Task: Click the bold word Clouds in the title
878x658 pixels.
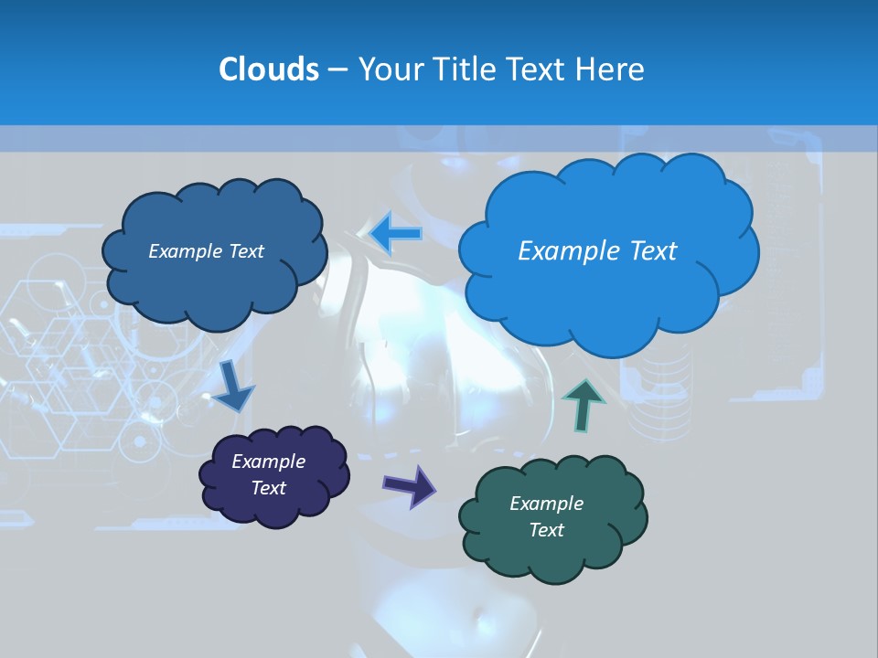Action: (x=268, y=69)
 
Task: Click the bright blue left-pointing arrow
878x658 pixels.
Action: (x=396, y=233)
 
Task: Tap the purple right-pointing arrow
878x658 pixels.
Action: (x=411, y=485)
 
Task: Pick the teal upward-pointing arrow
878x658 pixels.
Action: (x=584, y=402)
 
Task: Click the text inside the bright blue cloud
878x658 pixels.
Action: (x=597, y=251)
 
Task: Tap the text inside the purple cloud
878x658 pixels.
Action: (x=269, y=475)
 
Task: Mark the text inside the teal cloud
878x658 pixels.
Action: (x=547, y=516)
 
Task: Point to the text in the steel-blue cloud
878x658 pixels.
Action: (x=207, y=251)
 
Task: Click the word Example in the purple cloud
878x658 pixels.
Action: (x=269, y=462)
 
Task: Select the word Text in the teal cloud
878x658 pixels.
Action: (x=547, y=530)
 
